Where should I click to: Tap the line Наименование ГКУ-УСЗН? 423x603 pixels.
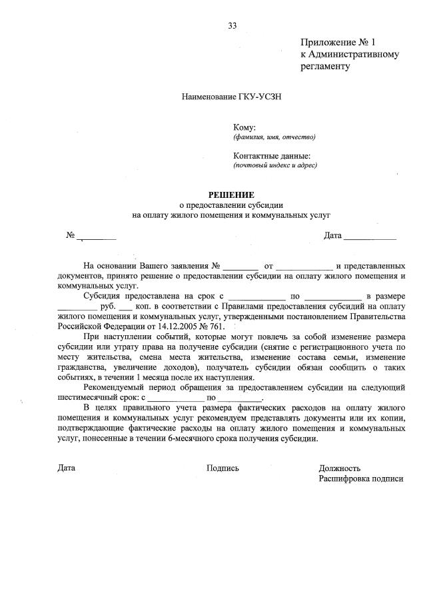coord(232,97)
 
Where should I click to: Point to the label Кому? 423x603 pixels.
coord(244,127)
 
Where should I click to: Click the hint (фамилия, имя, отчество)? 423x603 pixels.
coord(274,137)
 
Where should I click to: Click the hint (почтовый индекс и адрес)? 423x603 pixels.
coord(274,165)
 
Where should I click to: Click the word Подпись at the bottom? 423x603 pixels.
coord(222,468)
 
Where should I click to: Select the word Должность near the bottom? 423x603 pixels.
coord(340,468)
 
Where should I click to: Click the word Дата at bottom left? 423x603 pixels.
coord(67,468)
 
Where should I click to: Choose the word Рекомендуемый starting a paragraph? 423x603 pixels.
coord(117,386)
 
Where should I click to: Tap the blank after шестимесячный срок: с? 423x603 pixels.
coord(175,398)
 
